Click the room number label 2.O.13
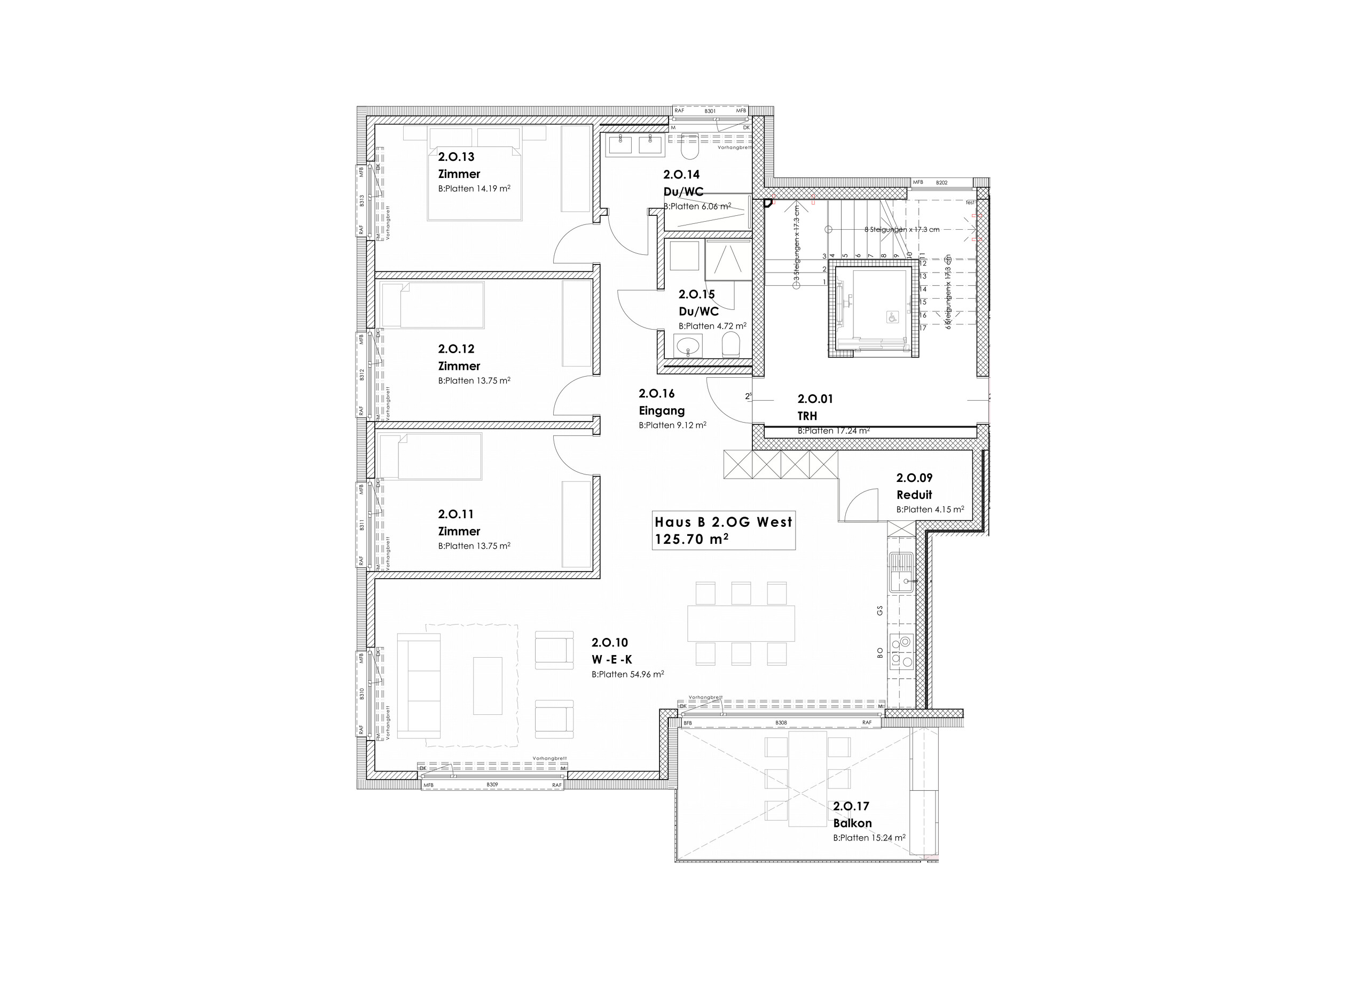pos(455,157)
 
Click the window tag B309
pos(492,785)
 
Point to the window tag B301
pos(710,111)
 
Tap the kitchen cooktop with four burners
pos(901,652)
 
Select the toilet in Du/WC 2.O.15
pos(730,347)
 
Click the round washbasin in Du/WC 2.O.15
pos(687,347)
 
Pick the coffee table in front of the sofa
pos(487,685)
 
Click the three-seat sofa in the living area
pos(419,685)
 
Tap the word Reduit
pos(914,495)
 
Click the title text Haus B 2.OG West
pos(722,523)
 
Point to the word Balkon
pos(852,823)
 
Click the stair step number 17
pos(923,328)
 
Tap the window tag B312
pos(362,375)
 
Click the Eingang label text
pos(661,411)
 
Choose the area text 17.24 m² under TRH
pos(851,431)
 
